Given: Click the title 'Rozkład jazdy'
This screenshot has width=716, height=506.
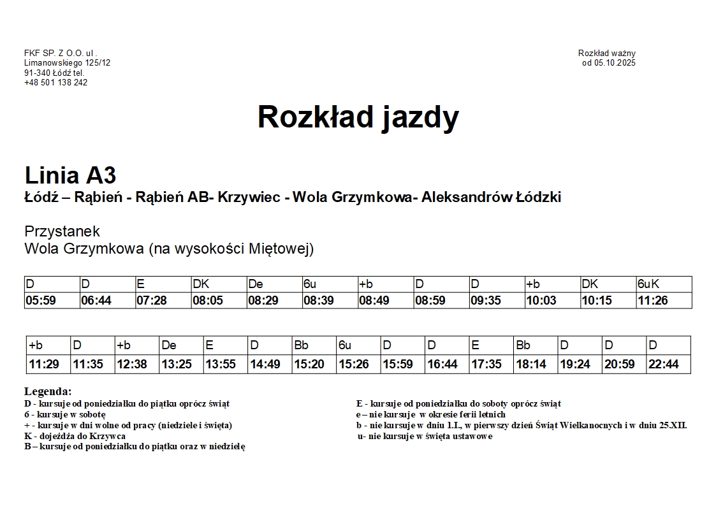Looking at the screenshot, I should (x=358, y=117).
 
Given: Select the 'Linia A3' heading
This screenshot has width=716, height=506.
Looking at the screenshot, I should (x=70, y=175).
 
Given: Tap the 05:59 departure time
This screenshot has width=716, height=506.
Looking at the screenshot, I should (x=41, y=300).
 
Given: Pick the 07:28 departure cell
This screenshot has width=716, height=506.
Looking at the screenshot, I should (x=152, y=300).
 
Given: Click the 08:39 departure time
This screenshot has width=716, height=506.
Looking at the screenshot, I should (x=319, y=300).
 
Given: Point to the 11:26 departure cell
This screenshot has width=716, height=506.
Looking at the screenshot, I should (x=653, y=300).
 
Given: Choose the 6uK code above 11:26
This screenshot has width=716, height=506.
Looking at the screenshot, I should (x=648, y=284).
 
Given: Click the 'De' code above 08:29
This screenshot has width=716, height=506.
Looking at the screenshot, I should (x=256, y=284).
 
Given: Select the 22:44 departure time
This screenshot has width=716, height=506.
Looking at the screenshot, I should (x=664, y=365).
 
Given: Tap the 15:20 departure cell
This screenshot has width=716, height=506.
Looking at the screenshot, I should (x=309, y=365).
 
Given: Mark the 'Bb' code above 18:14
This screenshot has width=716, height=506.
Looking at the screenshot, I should (x=523, y=345).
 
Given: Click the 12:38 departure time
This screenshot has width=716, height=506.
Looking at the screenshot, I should (x=132, y=365).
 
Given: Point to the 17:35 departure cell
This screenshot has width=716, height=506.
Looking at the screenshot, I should (x=486, y=365).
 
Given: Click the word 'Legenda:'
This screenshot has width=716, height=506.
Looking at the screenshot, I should (x=48, y=391).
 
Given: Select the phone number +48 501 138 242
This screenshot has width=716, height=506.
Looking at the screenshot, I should (x=56, y=82).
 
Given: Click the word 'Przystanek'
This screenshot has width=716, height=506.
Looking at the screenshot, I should (x=62, y=231).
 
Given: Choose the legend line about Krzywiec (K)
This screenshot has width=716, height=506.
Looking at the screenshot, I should (x=75, y=436).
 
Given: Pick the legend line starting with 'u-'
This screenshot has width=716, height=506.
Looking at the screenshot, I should (x=425, y=436).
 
